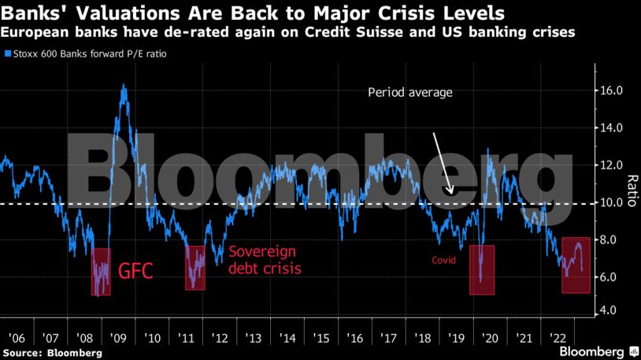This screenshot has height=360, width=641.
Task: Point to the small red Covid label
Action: (444, 261)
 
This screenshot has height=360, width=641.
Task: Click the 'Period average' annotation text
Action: (410, 93)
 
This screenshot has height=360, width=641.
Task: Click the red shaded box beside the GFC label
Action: (101, 272)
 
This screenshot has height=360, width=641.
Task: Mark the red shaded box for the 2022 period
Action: (576, 265)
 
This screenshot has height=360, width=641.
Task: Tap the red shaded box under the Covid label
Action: (481, 270)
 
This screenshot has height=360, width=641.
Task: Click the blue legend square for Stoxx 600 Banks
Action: (7, 55)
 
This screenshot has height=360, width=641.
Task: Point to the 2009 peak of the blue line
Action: (124, 86)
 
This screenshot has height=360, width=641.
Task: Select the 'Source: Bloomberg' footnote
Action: (52, 352)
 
